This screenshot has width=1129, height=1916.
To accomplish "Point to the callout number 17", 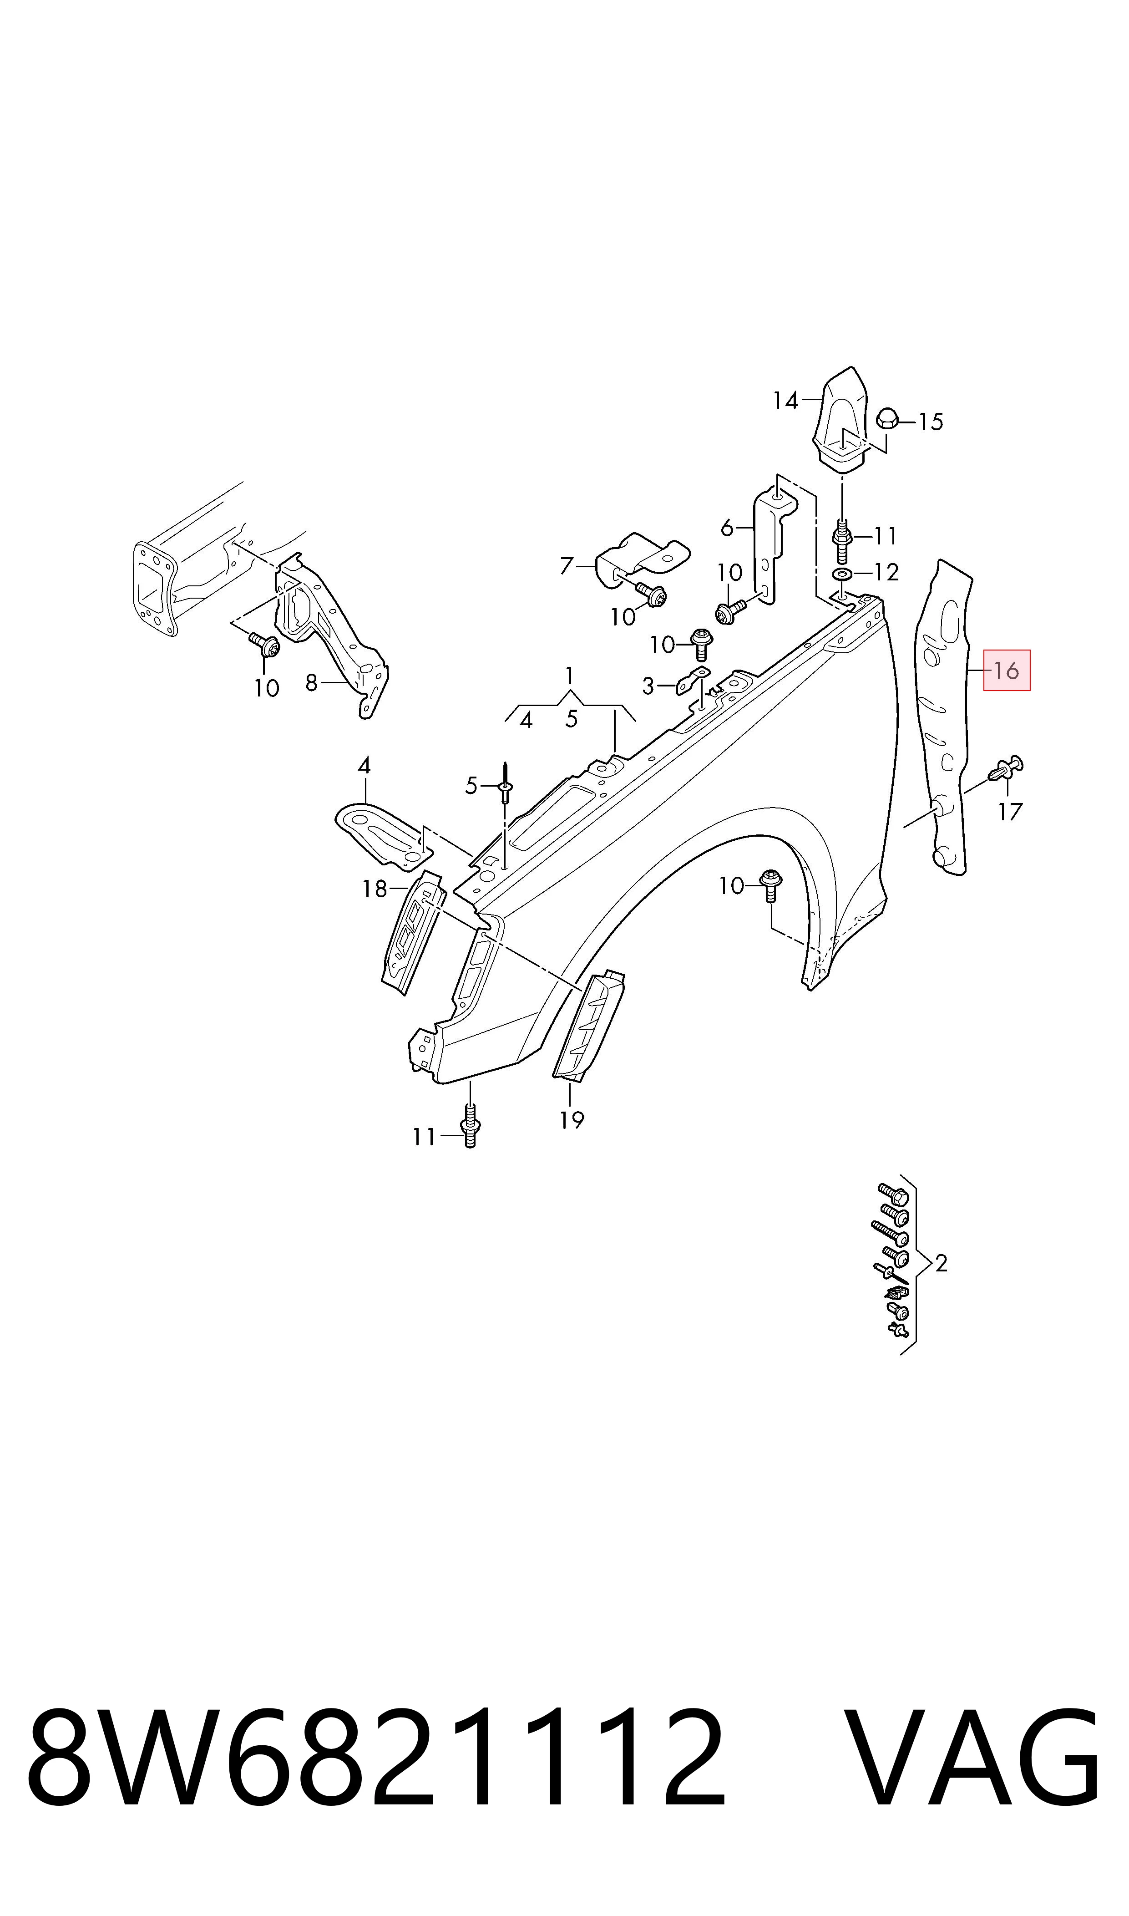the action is coord(1010,813).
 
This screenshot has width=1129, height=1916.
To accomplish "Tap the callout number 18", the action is coord(375,889).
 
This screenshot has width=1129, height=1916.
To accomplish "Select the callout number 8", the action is coord(311,683).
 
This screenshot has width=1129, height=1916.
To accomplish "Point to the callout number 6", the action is coord(727,527).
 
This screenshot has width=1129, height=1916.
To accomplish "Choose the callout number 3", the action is coord(648,686).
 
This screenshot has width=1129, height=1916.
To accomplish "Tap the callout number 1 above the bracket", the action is coord(569,676).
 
